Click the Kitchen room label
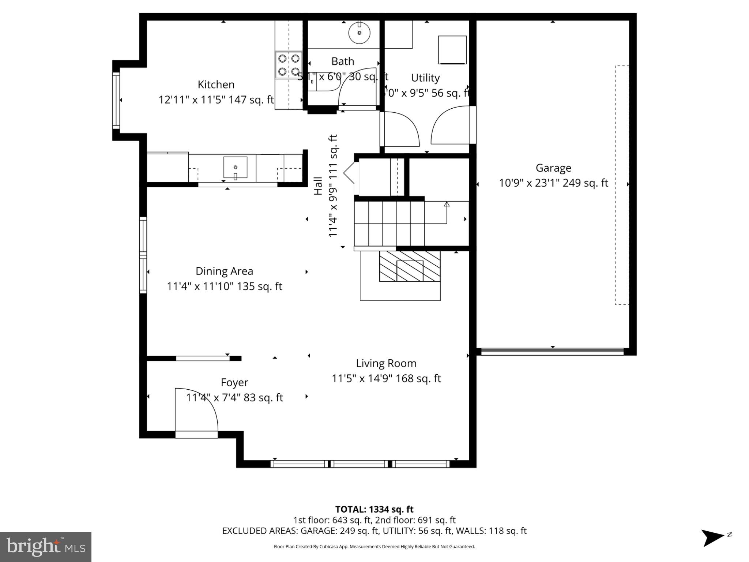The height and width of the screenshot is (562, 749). pyautogui.click(x=216, y=85)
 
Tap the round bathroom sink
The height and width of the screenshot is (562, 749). pyautogui.click(x=359, y=33)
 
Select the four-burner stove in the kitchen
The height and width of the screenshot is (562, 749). pyautogui.click(x=289, y=65)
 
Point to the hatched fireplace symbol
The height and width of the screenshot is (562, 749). pyautogui.click(x=410, y=266)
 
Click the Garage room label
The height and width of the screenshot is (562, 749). pyautogui.click(x=553, y=168)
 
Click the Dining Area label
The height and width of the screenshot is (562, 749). pyautogui.click(x=224, y=271)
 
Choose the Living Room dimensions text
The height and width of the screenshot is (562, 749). pyautogui.click(x=386, y=378)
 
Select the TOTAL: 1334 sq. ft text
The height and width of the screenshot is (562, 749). pyautogui.click(x=374, y=509)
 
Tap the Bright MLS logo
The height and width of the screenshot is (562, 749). pyautogui.click(x=46, y=547)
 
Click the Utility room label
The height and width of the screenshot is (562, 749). pyautogui.click(x=425, y=78)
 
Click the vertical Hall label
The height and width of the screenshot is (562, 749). pyautogui.click(x=318, y=186)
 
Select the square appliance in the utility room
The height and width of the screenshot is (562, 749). pyautogui.click(x=452, y=50)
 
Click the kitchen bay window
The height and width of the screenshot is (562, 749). pyautogui.click(x=116, y=100)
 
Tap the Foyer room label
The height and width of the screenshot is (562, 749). pyautogui.click(x=234, y=382)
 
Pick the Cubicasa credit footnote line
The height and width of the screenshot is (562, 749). pyautogui.click(x=374, y=547)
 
